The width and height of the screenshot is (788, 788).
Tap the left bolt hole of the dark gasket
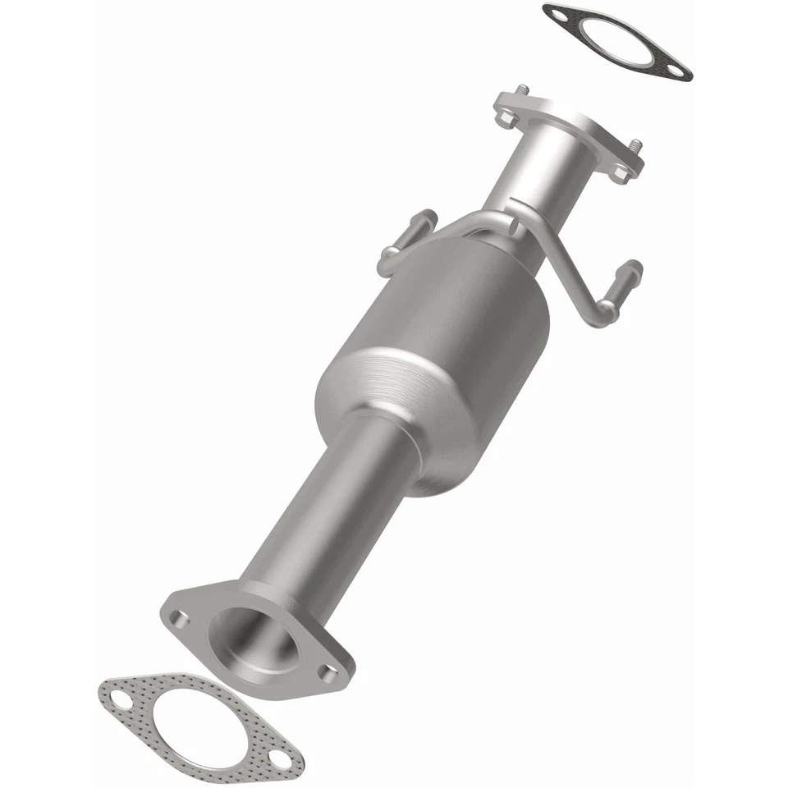558,15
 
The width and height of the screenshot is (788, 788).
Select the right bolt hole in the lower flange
328,675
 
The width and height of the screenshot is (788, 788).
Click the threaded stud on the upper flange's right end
636,147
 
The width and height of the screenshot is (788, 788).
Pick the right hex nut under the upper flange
621,172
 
